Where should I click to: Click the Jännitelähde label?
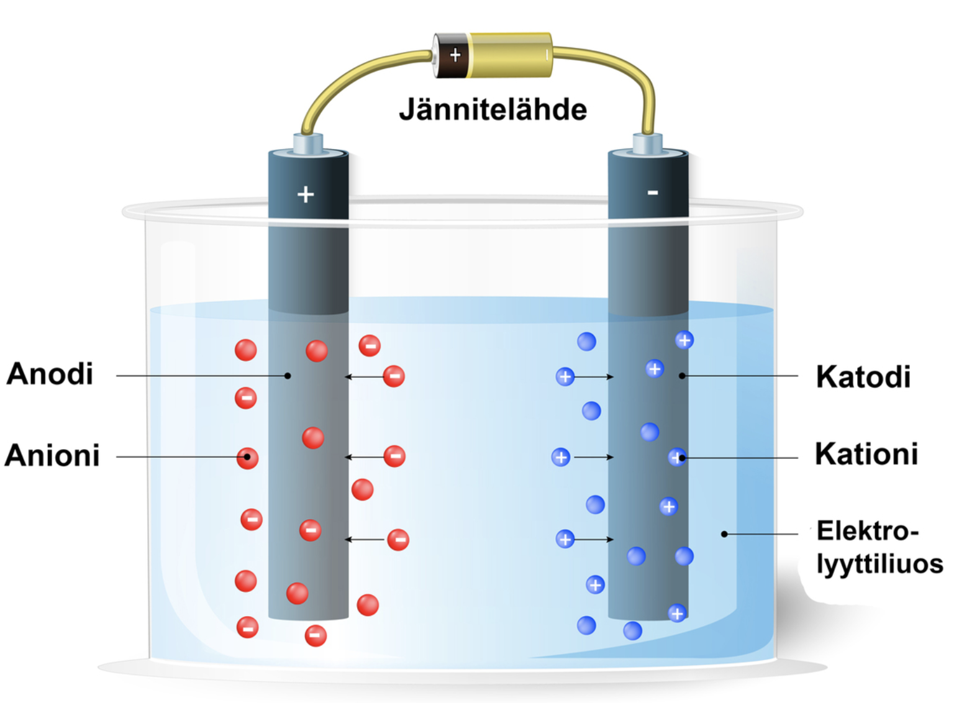tap(493, 110)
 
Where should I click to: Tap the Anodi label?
tap(50, 374)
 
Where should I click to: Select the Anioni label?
tap(52, 455)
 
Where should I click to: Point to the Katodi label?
tap(863, 377)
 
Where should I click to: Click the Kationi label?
tap(866, 454)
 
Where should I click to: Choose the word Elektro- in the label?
tap(867, 532)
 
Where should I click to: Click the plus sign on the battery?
tap(455, 55)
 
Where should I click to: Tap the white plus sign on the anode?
tap(305, 194)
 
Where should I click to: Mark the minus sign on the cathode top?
tap(652, 193)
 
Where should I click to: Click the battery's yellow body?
tap(509, 55)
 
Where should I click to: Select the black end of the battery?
tap(448, 56)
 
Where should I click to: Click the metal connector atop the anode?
tap(308, 143)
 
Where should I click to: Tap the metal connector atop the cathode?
tap(647, 143)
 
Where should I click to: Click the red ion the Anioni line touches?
tap(247, 458)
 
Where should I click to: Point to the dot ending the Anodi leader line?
tap(288, 376)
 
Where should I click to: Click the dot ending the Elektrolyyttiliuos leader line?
tap(724, 534)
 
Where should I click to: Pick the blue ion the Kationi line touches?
tap(677, 458)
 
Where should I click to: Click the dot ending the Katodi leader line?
tap(682, 376)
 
